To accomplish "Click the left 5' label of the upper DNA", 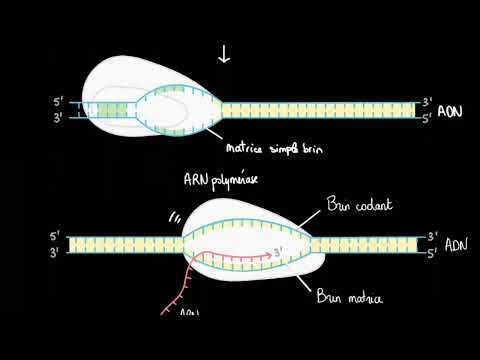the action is pos(59,102).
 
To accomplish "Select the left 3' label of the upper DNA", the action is pos(59,117).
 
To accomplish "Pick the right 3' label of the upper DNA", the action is pos(427,102).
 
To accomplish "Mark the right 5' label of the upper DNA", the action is pos(427,117).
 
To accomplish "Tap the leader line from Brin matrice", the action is pos(304,280).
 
